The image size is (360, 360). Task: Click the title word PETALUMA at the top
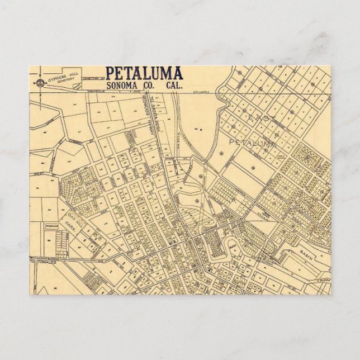pyautogui.click(x=144, y=73)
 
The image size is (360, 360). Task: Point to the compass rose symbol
pyautogui.click(x=35, y=84)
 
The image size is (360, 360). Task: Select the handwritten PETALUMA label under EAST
pyautogui.click(x=253, y=143)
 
